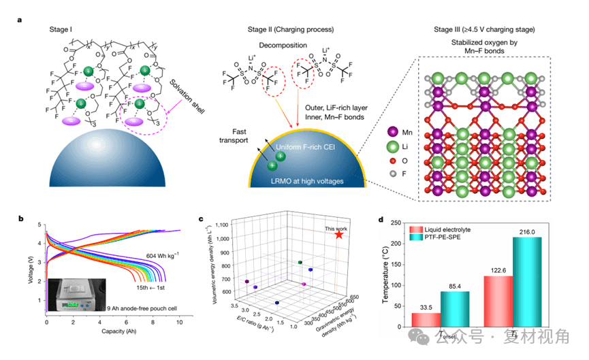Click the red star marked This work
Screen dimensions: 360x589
[x=339, y=235]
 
